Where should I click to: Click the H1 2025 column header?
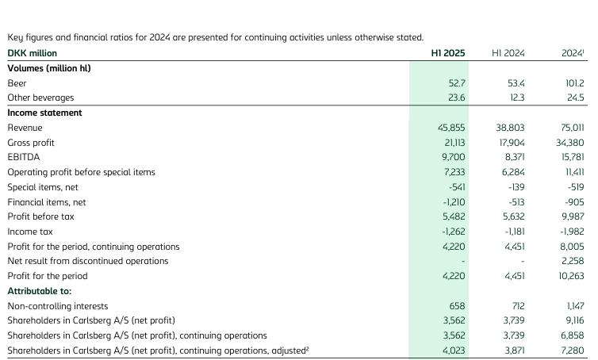pos(448,53)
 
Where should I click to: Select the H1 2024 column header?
pos(508,53)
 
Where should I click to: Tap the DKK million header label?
pos(32,53)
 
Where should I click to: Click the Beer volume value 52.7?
pos(457,83)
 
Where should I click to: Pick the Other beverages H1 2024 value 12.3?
pos(517,98)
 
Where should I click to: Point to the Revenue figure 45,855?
pos(451,128)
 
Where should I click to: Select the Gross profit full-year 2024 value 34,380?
pos(569,143)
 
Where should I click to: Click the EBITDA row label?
pos(24,157)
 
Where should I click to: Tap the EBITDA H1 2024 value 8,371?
pos(514,157)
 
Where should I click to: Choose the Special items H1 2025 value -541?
pos(457,187)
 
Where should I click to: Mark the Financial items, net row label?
pos(47,202)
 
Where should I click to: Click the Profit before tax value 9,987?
pos(573,216)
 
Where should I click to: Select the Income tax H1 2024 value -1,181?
pos(515,232)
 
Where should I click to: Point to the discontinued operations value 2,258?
pos(573,261)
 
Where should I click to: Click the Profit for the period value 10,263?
pos(571,276)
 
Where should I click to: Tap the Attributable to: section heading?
pos(40,291)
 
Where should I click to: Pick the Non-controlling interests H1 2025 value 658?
pos(458,306)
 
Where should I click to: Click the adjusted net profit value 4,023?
pos(454,350)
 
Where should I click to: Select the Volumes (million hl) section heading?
pos(49,68)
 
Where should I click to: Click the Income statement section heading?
pos(44,113)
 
